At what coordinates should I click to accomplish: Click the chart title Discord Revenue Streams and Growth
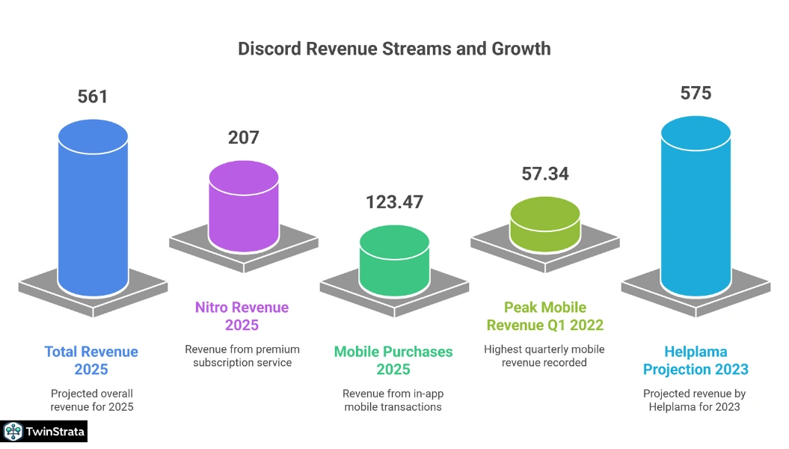tap(394, 49)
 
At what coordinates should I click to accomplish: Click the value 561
tap(93, 97)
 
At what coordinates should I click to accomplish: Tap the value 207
tap(244, 138)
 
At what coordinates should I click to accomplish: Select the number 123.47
tap(394, 202)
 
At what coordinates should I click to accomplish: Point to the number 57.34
tap(545, 174)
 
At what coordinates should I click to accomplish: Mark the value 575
tap(696, 94)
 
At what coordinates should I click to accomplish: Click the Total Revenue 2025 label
tap(91, 360)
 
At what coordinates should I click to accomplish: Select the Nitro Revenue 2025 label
tap(242, 316)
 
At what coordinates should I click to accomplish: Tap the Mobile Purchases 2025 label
tap(393, 360)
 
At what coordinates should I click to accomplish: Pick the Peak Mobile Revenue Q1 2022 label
tap(544, 316)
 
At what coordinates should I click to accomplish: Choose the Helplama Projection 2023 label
tap(695, 360)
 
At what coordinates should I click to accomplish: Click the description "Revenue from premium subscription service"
tap(242, 356)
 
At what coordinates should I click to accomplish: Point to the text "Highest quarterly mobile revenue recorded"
tap(544, 356)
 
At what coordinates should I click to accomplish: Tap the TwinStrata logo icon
tap(13, 431)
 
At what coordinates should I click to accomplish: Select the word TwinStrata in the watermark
tap(55, 432)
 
